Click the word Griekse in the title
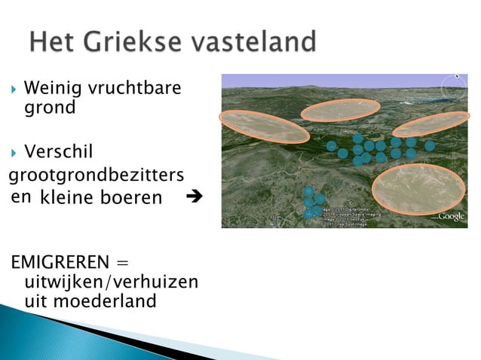pyautogui.click(x=140, y=42)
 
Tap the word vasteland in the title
pyautogui.click(x=256, y=42)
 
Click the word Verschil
pyautogui.click(x=59, y=153)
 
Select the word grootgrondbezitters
pyautogui.click(x=96, y=175)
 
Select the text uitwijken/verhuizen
pyautogui.click(x=112, y=282)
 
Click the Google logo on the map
pyautogui.click(x=452, y=216)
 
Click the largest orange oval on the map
pyautogui.click(x=418, y=188)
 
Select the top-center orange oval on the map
pyautogui.click(x=340, y=110)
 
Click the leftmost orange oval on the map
pyautogui.click(x=264, y=126)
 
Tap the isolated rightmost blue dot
pyautogui.click(x=429, y=145)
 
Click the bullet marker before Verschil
pyautogui.click(x=14, y=154)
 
